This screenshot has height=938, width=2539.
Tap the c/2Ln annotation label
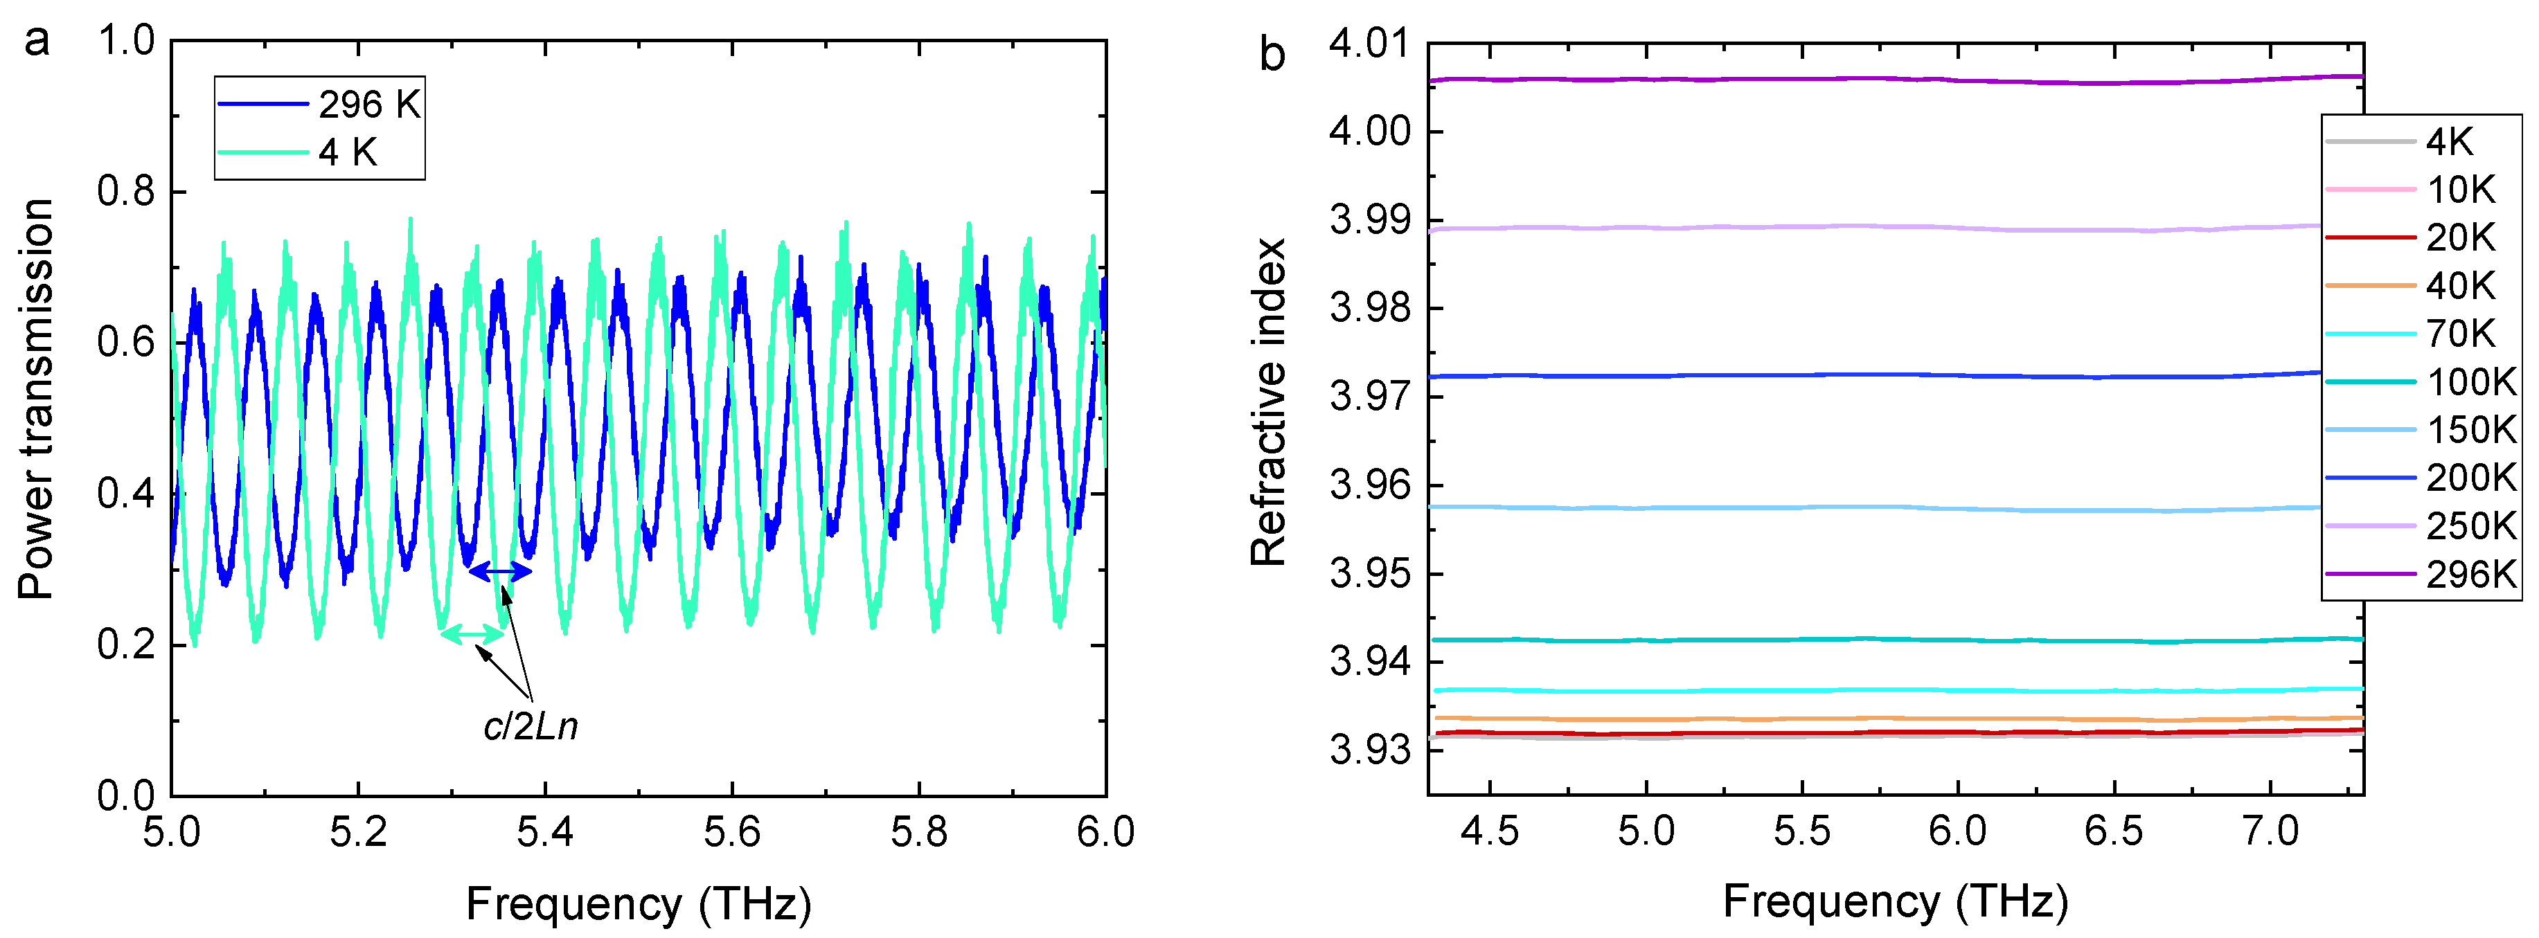pyautogui.click(x=531, y=727)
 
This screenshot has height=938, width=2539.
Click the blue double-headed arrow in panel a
pyautogui.click(x=500, y=570)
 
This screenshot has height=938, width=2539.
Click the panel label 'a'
pyautogui.click(x=37, y=42)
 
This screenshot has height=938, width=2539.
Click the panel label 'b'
pyautogui.click(x=1272, y=54)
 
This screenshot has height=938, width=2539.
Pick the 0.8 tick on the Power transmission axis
pyautogui.click(x=126, y=191)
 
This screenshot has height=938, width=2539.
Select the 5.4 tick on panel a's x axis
pyautogui.click(x=544, y=833)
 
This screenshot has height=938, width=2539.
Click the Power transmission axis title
pyautogui.click(x=37, y=399)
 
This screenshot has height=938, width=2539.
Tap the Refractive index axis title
pyautogui.click(x=1269, y=402)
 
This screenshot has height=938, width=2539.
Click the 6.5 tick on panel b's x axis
pyautogui.click(x=2113, y=831)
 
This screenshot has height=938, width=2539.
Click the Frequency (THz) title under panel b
pyautogui.click(x=1894, y=901)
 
